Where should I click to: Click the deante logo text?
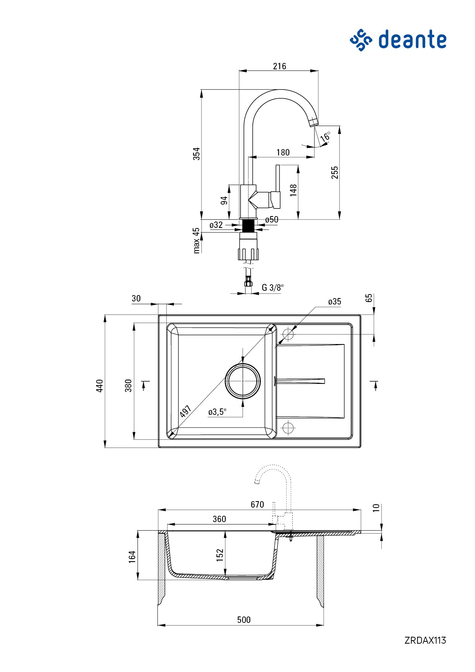pyautogui.click(x=412, y=40)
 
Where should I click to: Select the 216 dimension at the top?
pyautogui.click(x=279, y=66)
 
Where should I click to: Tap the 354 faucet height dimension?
pyautogui.click(x=196, y=154)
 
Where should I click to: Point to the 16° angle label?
pyautogui.click(x=326, y=136)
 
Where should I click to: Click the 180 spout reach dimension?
pyautogui.click(x=283, y=152)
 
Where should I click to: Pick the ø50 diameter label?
pyautogui.click(x=272, y=220)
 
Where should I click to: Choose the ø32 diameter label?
pyautogui.click(x=216, y=225)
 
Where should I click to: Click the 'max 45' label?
pyautogui.click(x=196, y=241)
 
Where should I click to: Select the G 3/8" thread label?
pyautogui.click(x=273, y=287)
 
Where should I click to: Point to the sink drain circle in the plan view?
pyautogui.click(x=243, y=381)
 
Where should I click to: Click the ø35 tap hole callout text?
pyautogui.click(x=334, y=302)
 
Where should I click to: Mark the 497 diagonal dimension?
pyautogui.click(x=185, y=411)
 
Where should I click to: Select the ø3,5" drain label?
pyautogui.click(x=217, y=412)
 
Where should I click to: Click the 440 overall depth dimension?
pyautogui.click(x=100, y=385)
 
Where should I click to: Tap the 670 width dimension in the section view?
pyautogui.click(x=257, y=505)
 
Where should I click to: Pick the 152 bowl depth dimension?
pyautogui.click(x=219, y=555)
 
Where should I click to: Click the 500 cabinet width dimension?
pyautogui.click(x=244, y=620)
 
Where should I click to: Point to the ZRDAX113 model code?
pyautogui.click(x=425, y=640)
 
